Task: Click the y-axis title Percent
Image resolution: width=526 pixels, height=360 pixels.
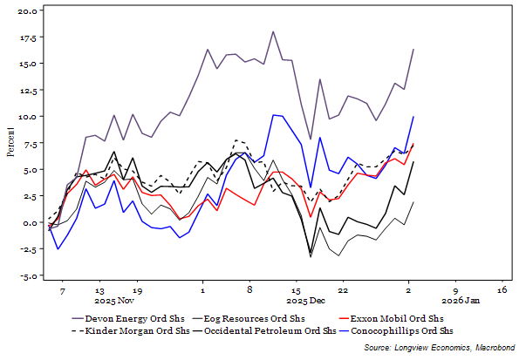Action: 10,142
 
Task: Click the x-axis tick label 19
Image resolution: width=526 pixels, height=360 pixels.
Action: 137,289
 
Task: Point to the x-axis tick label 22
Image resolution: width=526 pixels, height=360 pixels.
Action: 344,289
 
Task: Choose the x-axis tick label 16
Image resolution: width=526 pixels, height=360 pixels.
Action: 502,289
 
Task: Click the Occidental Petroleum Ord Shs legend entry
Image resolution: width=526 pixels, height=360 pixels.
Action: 274,331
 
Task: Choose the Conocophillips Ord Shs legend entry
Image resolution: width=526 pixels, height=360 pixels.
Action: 400,331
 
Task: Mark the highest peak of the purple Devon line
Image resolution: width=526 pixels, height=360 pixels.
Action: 273,31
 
